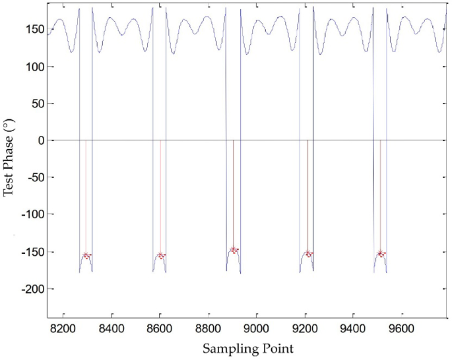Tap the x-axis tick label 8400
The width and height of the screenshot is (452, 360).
[x=111, y=326]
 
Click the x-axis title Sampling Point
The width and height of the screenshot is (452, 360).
[x=247, y=347]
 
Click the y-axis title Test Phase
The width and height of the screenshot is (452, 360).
[x=9, y=159]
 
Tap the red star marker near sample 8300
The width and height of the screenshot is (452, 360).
[x=86, y=255]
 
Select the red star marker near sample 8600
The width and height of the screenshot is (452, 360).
[x=160, y=255]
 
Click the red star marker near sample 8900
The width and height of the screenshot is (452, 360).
[x=234, y=250]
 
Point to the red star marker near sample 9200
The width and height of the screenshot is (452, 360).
[x=307, y=253]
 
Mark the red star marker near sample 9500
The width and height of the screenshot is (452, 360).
[x=381, y=253]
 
